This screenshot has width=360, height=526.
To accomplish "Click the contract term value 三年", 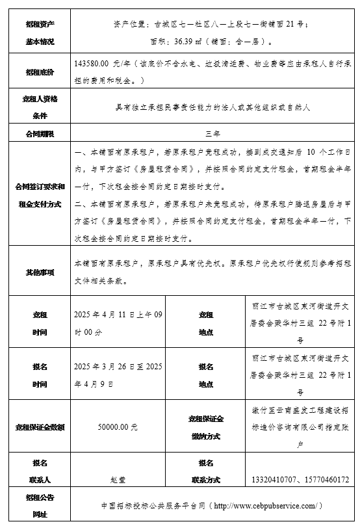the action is (x=212, y=133).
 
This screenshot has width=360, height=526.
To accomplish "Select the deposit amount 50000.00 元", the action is (x=117, y=427).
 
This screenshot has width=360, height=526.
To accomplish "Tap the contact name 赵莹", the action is (x=117, y=480).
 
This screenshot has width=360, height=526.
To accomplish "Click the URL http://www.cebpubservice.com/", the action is (x=267, y=505).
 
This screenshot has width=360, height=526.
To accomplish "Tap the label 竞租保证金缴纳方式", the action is (x=206, y=427).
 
